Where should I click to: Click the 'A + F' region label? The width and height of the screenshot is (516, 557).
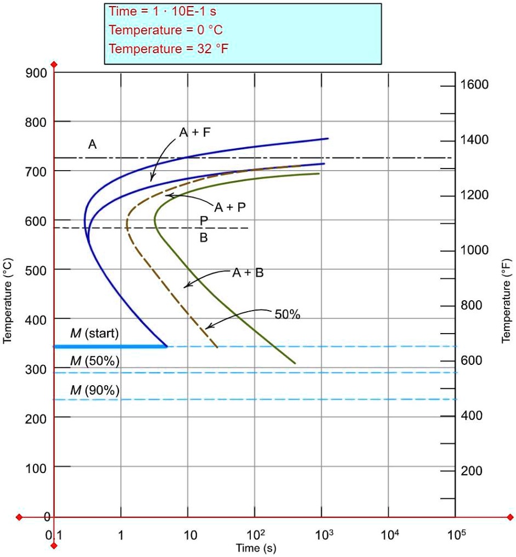pos(195,132)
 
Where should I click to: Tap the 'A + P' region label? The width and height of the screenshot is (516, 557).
pos(230,207)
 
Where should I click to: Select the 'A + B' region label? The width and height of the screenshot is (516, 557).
pos(248,273)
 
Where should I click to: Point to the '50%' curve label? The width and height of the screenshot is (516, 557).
pos(288,314)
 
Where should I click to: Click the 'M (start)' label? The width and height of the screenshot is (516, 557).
pos(94,334)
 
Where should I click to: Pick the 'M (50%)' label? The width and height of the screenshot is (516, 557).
pos(94,361)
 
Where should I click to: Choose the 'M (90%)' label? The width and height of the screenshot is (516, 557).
pos(94,390)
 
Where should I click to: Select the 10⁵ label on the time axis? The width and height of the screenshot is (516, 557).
pos(456,534)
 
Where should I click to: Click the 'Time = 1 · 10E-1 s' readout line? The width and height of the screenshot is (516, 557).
pos(162,12)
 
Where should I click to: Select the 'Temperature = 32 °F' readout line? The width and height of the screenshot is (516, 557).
pos(169,49)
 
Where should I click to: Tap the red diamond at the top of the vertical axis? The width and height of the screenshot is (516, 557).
pos(54,65)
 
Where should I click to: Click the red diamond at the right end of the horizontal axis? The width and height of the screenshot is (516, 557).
pos(511,517)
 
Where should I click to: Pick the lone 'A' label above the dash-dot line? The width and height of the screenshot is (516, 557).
pos(92,145)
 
